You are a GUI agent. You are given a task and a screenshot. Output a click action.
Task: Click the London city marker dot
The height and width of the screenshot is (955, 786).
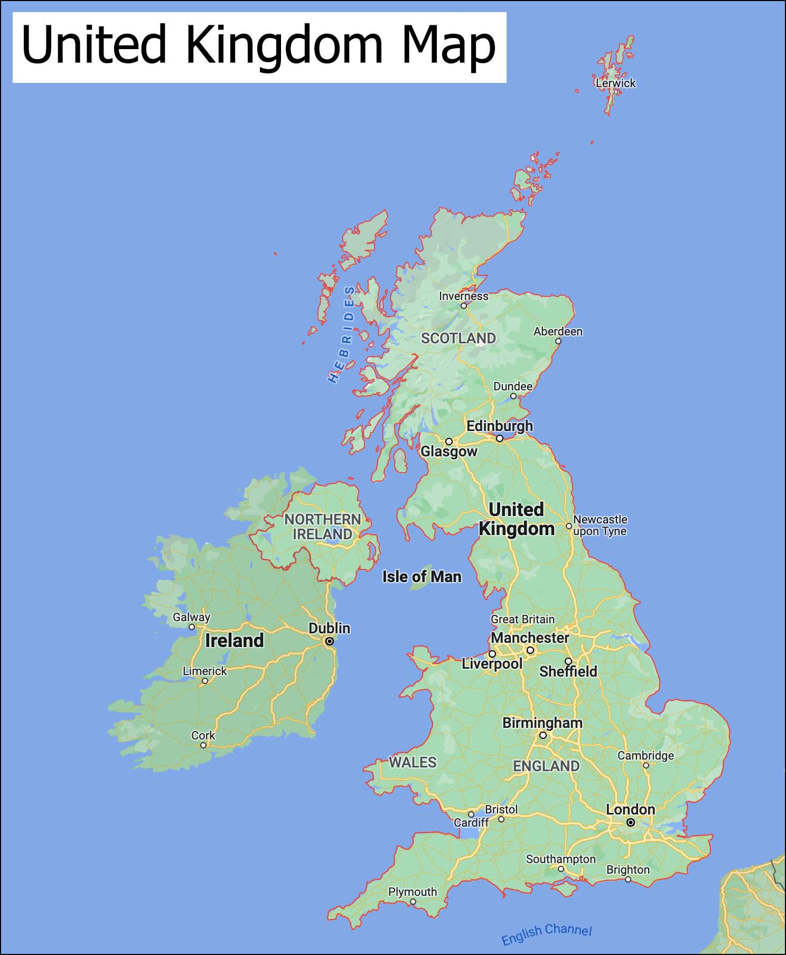(x=630, y=822)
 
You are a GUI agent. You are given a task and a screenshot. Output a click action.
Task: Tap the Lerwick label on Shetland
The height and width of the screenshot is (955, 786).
(x=615, y=83)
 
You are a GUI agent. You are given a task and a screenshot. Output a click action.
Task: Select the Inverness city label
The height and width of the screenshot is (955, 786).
(x=463, y=296)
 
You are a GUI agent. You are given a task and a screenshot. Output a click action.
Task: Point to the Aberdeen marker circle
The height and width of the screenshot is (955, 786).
(x=558, y=341)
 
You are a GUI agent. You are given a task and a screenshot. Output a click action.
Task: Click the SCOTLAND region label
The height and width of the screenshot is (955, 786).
(x=458, y=338)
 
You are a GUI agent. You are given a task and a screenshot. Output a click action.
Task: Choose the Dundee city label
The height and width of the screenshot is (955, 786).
(x=512, y=386)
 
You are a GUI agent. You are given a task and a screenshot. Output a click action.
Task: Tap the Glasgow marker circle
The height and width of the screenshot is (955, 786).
(x=448, y=442)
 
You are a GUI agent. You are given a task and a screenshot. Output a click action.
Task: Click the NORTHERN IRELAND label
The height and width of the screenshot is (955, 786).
(x=322, y=527)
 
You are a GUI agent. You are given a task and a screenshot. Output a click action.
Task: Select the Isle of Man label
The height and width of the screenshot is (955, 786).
(x=422, y=576)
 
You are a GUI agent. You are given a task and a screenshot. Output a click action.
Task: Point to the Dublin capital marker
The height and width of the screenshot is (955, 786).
(x=329, y=641)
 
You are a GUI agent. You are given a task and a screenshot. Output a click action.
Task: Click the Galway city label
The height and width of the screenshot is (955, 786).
(x=191, y=617)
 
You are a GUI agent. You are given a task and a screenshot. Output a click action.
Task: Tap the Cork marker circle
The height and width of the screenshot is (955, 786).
(x=203, y=745)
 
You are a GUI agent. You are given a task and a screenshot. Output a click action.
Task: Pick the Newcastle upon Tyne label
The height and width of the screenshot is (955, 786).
(x=600, y=525)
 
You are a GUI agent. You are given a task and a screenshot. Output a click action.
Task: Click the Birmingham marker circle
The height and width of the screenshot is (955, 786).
(x=542, y=735)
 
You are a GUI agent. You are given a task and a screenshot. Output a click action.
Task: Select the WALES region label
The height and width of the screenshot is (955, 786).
(x=413, y=762)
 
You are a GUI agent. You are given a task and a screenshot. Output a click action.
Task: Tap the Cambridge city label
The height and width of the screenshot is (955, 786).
(x=645, y=755)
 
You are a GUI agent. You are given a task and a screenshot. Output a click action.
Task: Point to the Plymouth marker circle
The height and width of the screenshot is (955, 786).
(x=413, y=902)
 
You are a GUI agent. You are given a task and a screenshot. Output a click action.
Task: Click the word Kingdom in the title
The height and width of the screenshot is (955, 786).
(x=284, y=45)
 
